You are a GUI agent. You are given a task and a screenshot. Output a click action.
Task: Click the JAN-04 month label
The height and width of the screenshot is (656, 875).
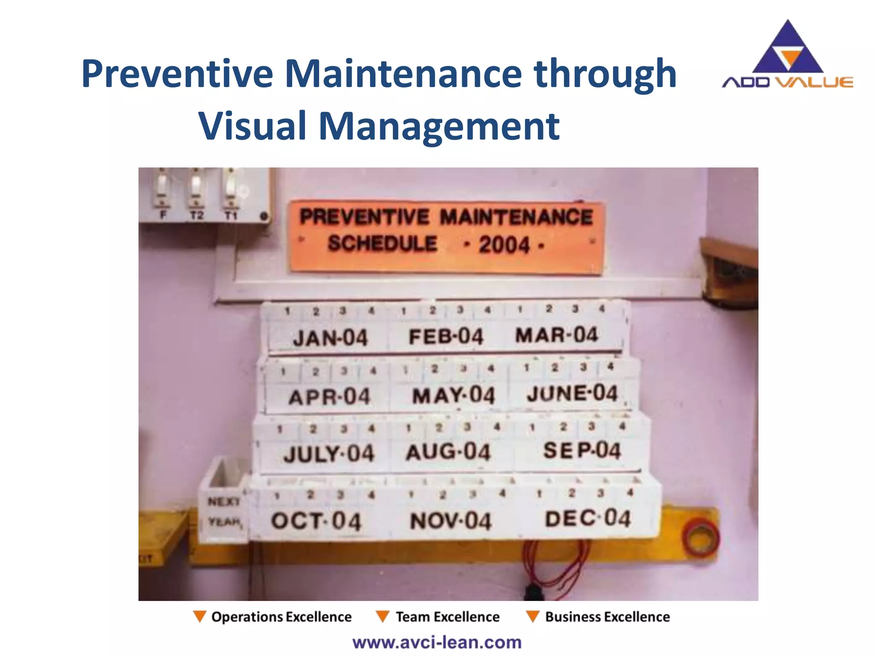[x=330, y=338]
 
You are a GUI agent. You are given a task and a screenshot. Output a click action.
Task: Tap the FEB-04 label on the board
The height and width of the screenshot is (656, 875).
[x=446, y=337]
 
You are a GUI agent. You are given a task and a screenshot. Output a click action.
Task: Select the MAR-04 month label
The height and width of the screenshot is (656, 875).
[x=556, y=335]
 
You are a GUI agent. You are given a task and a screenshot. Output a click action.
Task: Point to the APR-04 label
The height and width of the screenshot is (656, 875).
[x=329, y=397]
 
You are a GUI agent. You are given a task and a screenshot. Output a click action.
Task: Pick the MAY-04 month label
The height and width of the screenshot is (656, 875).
[x=453, y=395]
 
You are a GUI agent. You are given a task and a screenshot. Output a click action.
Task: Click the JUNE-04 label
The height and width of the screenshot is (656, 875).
[x=572, y=393]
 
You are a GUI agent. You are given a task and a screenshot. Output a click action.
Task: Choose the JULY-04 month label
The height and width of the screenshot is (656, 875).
[x=329, y=454]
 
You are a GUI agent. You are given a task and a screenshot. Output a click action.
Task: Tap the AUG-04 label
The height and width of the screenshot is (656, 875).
[x=448, y=452]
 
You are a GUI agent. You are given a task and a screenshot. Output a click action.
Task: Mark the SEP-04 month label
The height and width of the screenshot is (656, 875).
[x=582, y=451]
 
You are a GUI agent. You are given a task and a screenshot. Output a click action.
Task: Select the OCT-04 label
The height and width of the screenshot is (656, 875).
[x=316, y=521]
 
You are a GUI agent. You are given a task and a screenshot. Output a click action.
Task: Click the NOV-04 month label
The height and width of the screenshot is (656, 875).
[x=451, y=521]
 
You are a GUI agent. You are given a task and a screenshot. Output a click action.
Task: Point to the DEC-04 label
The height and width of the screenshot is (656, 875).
[x=588, y=519]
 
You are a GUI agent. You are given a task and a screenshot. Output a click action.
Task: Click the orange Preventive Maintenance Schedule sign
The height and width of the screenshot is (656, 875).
[x=446, y=237]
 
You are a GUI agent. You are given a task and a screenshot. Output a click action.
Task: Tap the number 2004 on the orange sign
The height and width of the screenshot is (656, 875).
[x=504, y=245]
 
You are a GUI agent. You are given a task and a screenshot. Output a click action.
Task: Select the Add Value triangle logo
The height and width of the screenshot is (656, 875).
[x=787, y=49]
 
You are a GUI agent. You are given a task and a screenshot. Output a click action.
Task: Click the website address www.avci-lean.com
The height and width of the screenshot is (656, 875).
[x=437, y=642]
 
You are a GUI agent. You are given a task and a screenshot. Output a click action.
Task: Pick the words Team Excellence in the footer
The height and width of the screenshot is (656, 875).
[x=447, y=617]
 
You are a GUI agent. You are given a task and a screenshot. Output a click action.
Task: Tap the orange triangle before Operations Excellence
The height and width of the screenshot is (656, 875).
[x=200, y=616]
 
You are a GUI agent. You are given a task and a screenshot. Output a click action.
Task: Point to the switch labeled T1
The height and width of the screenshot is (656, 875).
[x=231, y=188]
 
